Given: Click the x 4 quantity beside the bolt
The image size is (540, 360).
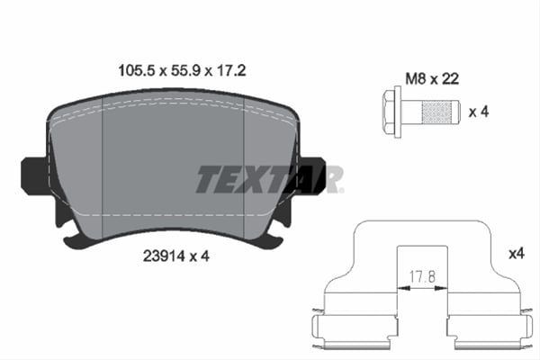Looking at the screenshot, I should [x=480, y=112].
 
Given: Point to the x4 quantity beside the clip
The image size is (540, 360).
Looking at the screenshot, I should [x=516, y=255].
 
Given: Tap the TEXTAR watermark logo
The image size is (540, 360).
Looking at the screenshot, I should [x=269, y=179].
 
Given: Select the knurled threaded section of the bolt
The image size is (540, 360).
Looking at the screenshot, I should [x=438, y=112].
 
